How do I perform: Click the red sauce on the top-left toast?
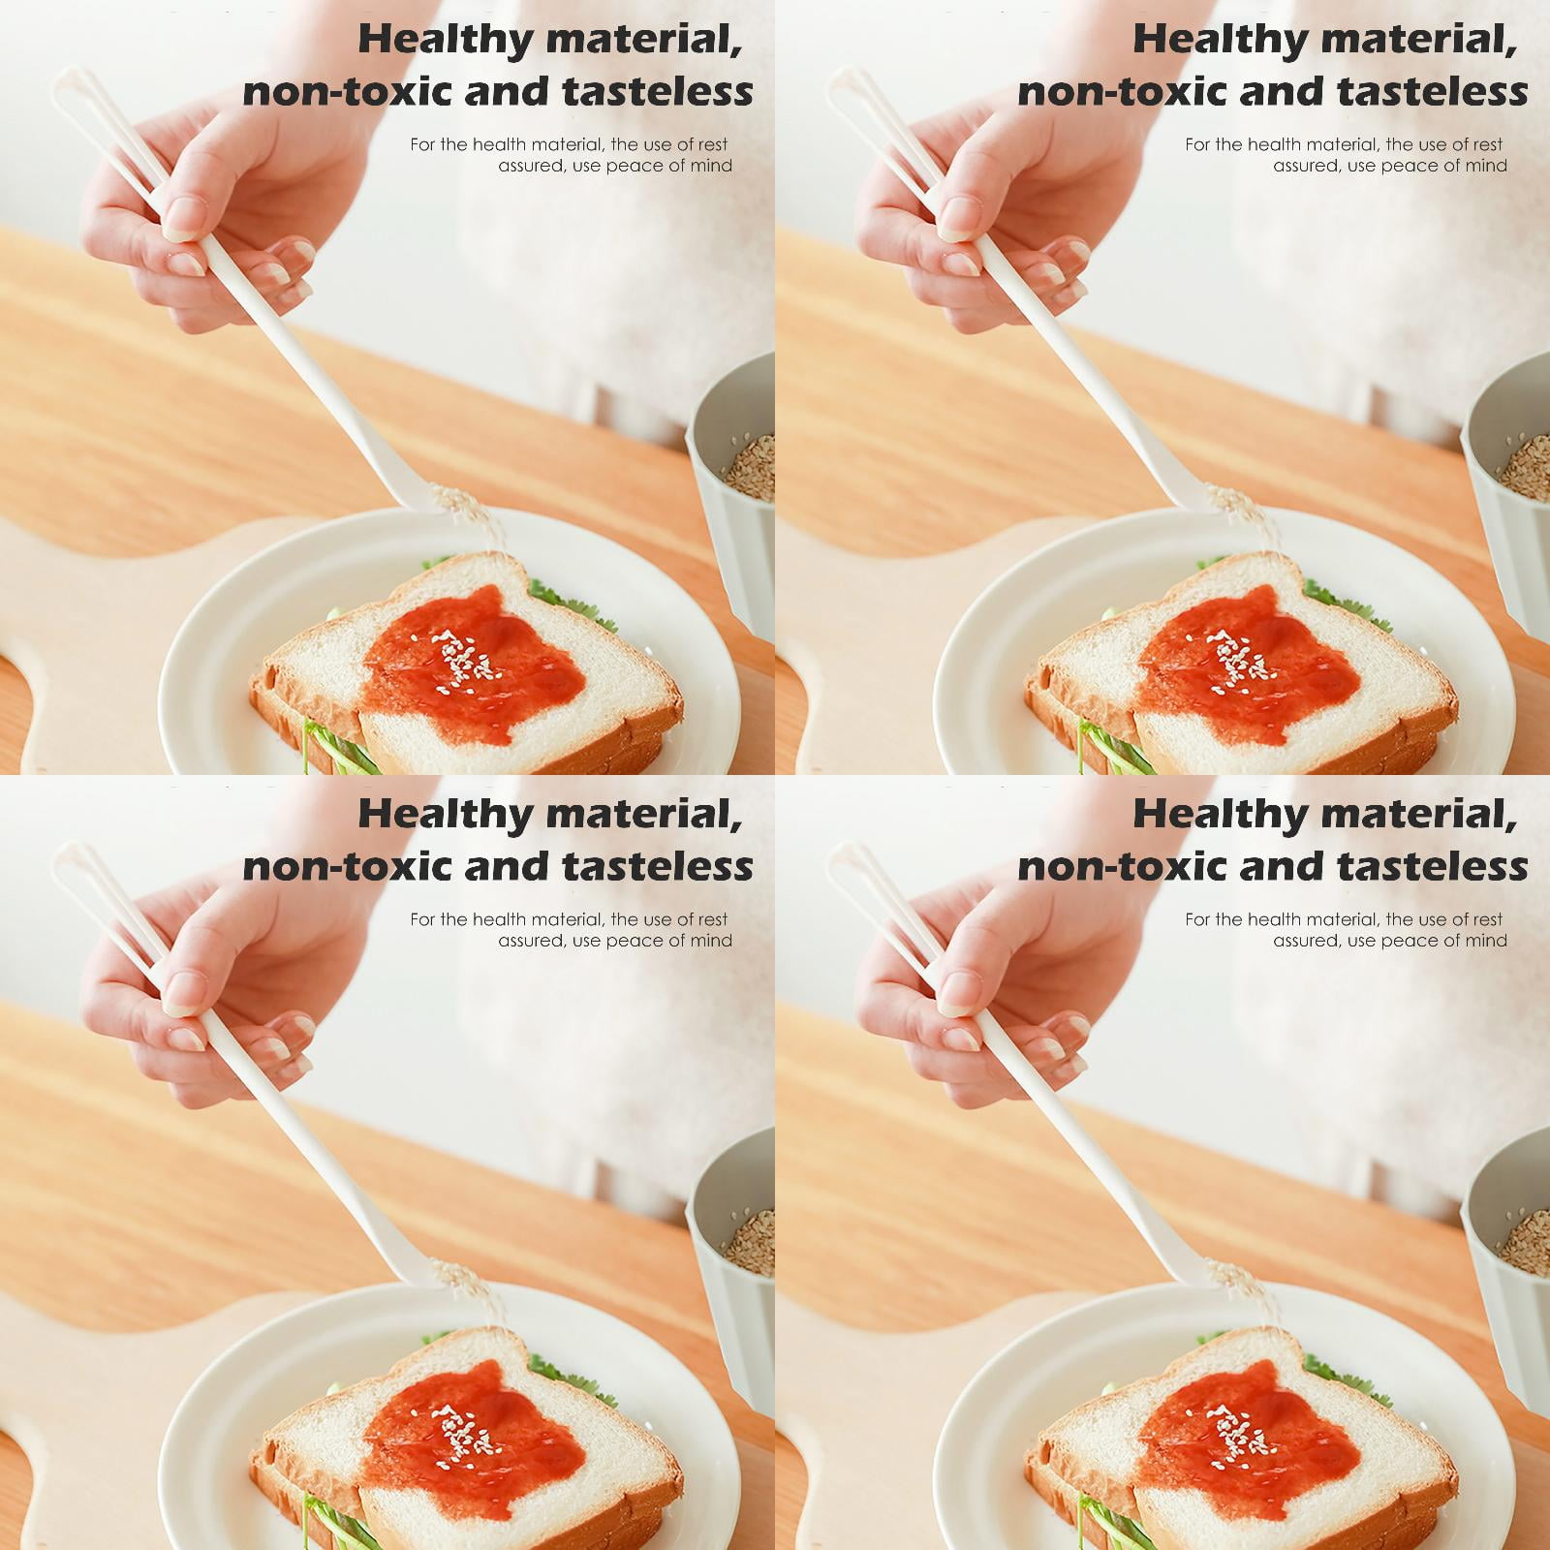[x=475, y=664]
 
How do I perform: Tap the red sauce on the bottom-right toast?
[x=1250, y=1439]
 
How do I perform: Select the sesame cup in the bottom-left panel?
[x=731, y=1259]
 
